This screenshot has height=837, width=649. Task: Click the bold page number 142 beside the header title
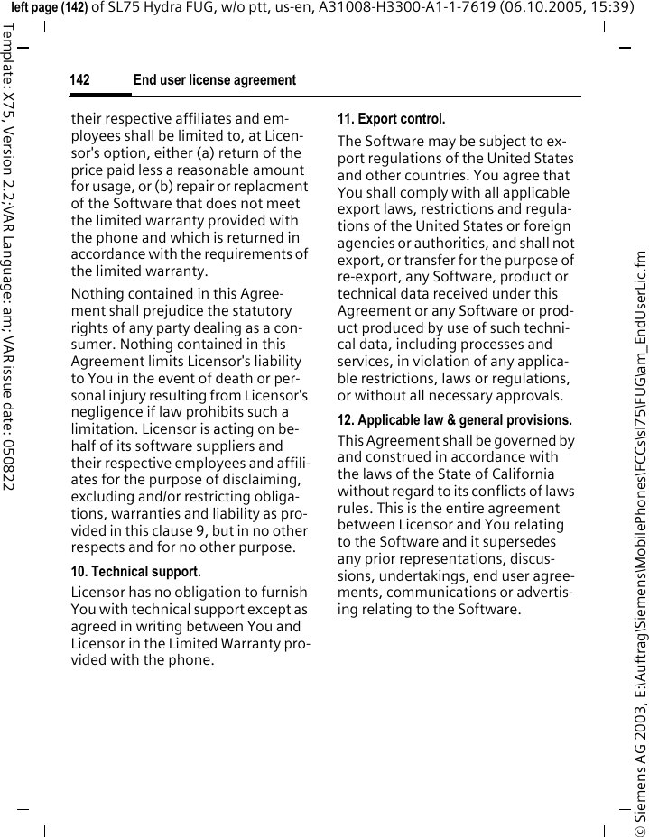[80, 81]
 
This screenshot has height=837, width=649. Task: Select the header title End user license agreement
[214, 81]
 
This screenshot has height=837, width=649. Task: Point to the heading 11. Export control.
[391, 119]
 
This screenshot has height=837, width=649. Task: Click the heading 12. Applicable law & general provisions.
[454, 420]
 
